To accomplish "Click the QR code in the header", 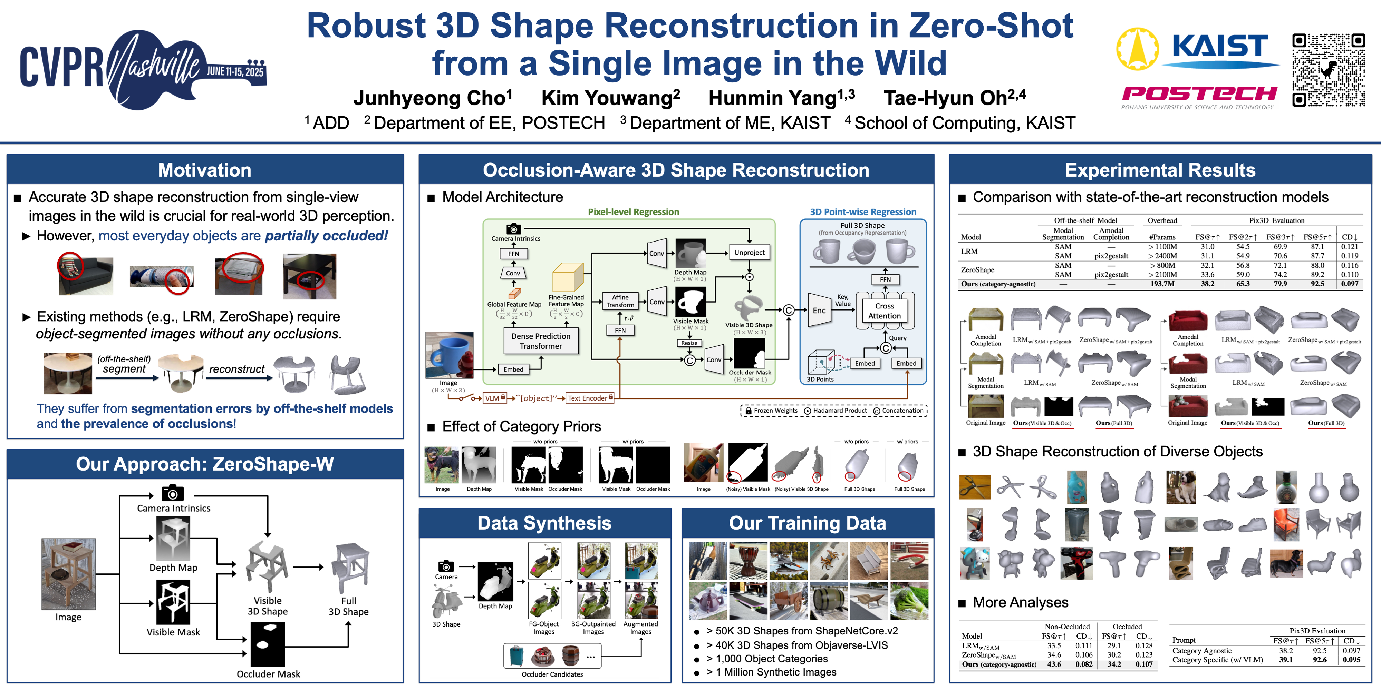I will pos(1328,70).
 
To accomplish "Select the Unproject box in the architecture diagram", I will pos(749,252).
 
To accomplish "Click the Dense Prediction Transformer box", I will pos(541,341).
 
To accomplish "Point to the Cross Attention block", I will pos(885,311).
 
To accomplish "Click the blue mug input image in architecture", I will pos(449,355).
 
